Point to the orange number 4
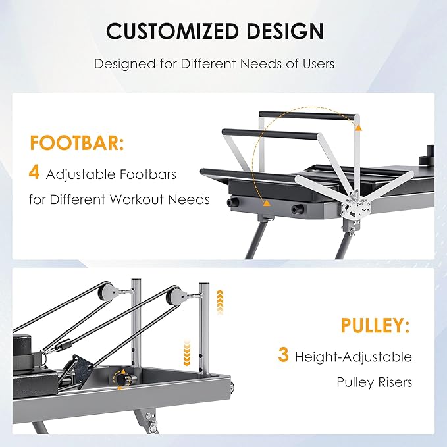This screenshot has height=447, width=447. pos(34,173)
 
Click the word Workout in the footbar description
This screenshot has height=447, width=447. pos(142,199)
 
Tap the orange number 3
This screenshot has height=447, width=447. pos(283,356)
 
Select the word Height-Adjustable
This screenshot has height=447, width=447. pos(354,357)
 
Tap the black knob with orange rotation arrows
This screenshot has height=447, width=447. pos(122,379)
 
